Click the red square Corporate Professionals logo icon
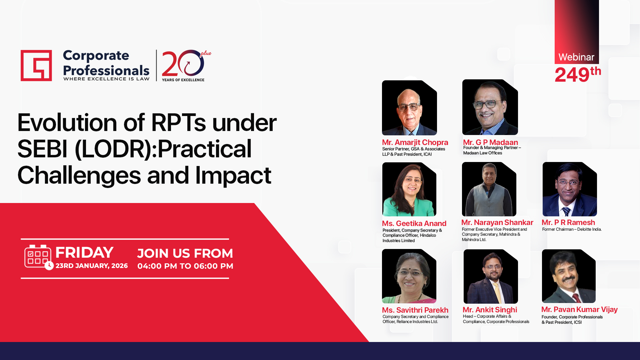pyautogui.click(x=36, y=65)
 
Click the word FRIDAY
pyautogui.click(x=84, y=252)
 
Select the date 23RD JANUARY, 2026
pyautogui.click(x=92, y=266)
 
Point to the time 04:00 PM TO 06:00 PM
pyautogui.click(x=185, y=266)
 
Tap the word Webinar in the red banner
pyautogui.click(x=576, y=57)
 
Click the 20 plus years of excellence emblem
pyautogui.click(x=186, y=66)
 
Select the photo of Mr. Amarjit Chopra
pyautogui.click(x=409, y=108)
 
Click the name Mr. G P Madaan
pyautogui.click(x=490, y=142)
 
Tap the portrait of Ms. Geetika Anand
pyautogui.click(x=409, y=189)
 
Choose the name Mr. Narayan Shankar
pyautogui.click(x=497, y=222)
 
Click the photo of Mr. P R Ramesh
pyautogui.click(x=570, y=189)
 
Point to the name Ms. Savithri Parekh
pyautogui.click(x=415, y=310)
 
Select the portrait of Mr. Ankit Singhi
pyautogui.click(x=491, y=276)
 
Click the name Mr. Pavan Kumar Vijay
pyautogui.click(x=579, y=309)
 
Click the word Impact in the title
pyautogui.click(x=233, y=175)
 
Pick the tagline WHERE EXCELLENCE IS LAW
pyautogui.click(x=106, y=79)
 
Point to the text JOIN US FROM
pyautogui.click(x=185, y=253)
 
